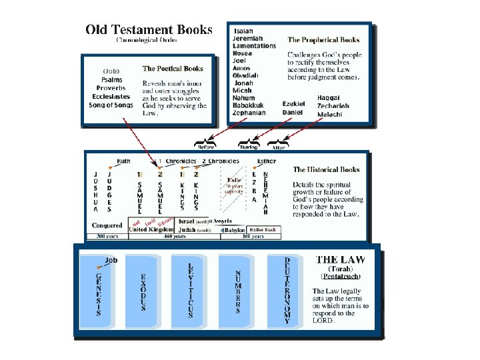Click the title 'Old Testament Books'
[x=149, y=30]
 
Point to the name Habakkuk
[x=248, y=105]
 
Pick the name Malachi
[x=329, y=114]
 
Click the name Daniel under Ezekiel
[x=293, y=113]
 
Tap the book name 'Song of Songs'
[x=111, y=105]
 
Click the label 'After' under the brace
[x=278, y=148]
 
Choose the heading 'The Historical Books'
[x=326, y=170]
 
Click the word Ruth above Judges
[x=123, y=161]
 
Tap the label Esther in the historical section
[x=266, y=161]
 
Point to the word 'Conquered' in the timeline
[x=107, y=225]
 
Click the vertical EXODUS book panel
[x=143, y=291]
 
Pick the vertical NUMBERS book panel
[x=238, y=291]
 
